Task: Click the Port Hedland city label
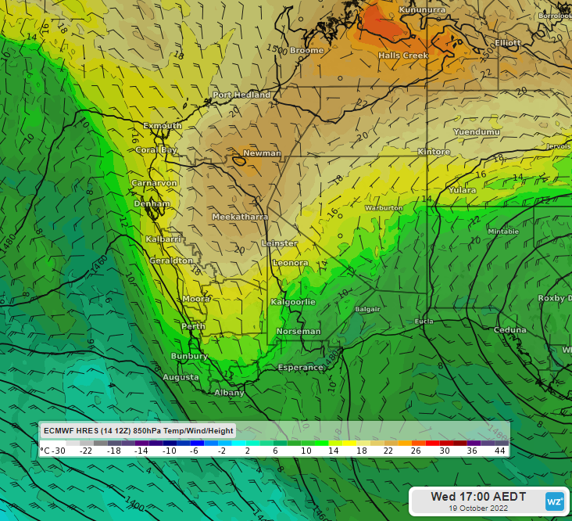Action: [x=235, y=95]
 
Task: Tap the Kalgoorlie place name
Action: [x=292, y=301]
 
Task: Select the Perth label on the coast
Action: [x=193, y=326]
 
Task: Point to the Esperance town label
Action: [x=301, y=367]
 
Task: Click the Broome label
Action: [x=306, y=51]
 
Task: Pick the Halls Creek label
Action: [x=403, y=56]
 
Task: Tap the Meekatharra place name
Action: [x=241, y=216]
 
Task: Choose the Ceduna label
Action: [x=510, y=329]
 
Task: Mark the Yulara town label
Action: [x=463, y=190]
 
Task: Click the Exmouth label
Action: [x=163, y=125]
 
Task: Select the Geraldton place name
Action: [x=172, y=260]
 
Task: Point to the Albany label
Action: [x=229, y=393]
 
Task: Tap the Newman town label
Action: [x=262, y=153]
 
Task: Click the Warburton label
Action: [x=384, y=208]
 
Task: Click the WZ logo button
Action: [x=554, y=501]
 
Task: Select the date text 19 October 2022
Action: [x=478, y=508]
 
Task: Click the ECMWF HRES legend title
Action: [x=138, y=430]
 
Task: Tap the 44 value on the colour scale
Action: [x=500, y=451]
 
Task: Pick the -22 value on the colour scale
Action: [x=87, y=451]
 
